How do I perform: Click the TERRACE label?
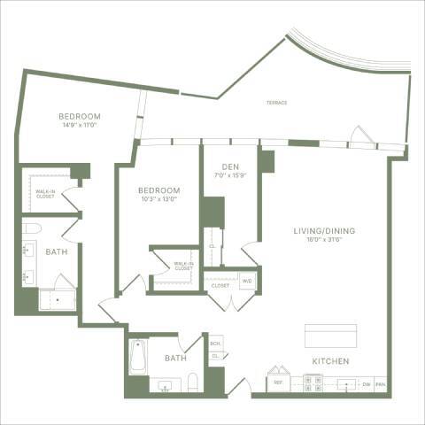276,103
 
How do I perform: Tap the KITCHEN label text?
329,362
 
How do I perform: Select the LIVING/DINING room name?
325,230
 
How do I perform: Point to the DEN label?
228,164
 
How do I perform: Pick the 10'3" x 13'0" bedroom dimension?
158,199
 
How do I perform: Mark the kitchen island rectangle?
330,336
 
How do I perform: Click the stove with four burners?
313,383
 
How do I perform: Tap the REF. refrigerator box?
278,383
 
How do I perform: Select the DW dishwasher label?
366,384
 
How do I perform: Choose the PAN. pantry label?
381,384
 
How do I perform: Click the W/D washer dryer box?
246,282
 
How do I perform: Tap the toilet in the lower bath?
193,382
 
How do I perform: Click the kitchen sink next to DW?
344,384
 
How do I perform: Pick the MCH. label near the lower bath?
214,344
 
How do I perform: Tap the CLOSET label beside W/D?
220,286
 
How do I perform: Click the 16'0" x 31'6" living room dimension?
325,240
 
